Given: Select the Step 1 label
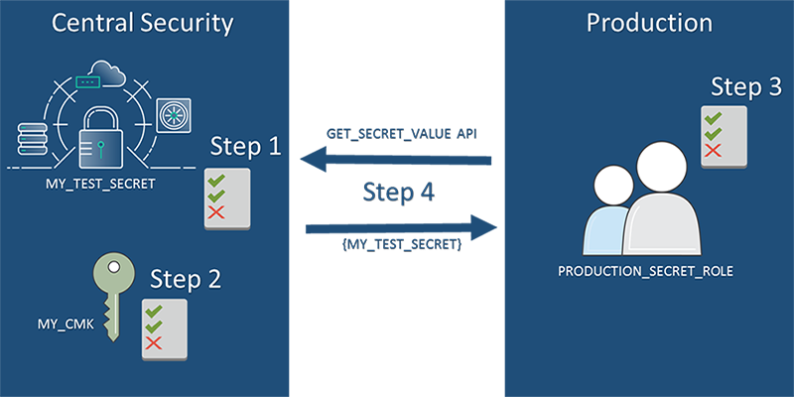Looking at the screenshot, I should pos(245,147).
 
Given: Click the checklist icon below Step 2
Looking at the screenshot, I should pos(165,329).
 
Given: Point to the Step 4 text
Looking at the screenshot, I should pos(398,193).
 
